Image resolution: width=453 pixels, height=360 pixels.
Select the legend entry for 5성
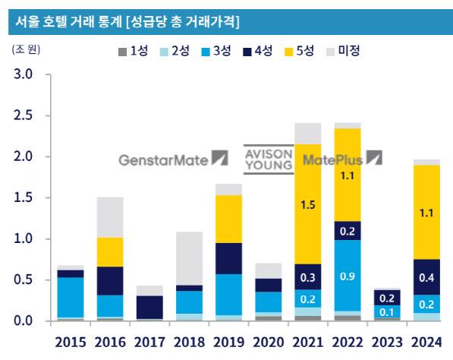[x=297, y=51]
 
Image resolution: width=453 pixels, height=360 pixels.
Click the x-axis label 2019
[x=228, y=342]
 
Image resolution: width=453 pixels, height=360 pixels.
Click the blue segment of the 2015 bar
[x=71, y=297]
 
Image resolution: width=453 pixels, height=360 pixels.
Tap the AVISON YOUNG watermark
[x=267, y=159]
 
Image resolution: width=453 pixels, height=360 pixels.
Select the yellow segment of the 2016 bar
[x=110, y=252]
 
